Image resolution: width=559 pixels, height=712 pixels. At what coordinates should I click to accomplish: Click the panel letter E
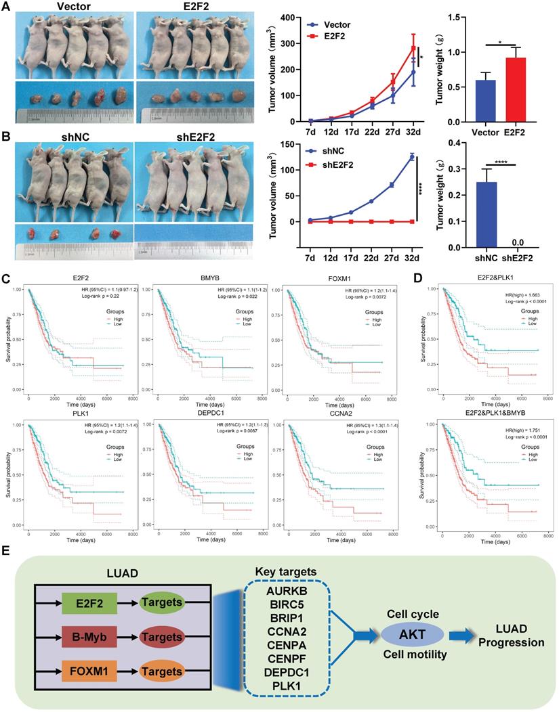7,553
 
